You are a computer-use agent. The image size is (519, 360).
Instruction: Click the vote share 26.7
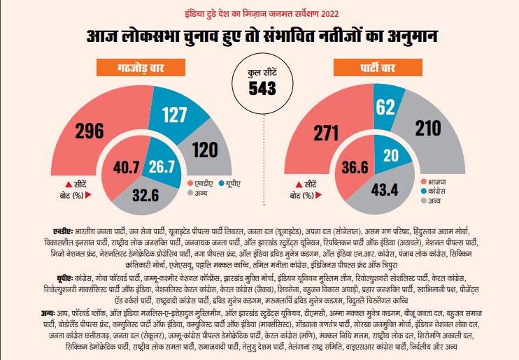pyautogui.click(x=162, y=167)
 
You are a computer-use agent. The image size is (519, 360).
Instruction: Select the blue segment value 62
pyautogui.click(x=385, y=106)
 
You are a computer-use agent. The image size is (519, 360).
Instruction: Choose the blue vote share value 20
pyautogui.click(x=392, y=156)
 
